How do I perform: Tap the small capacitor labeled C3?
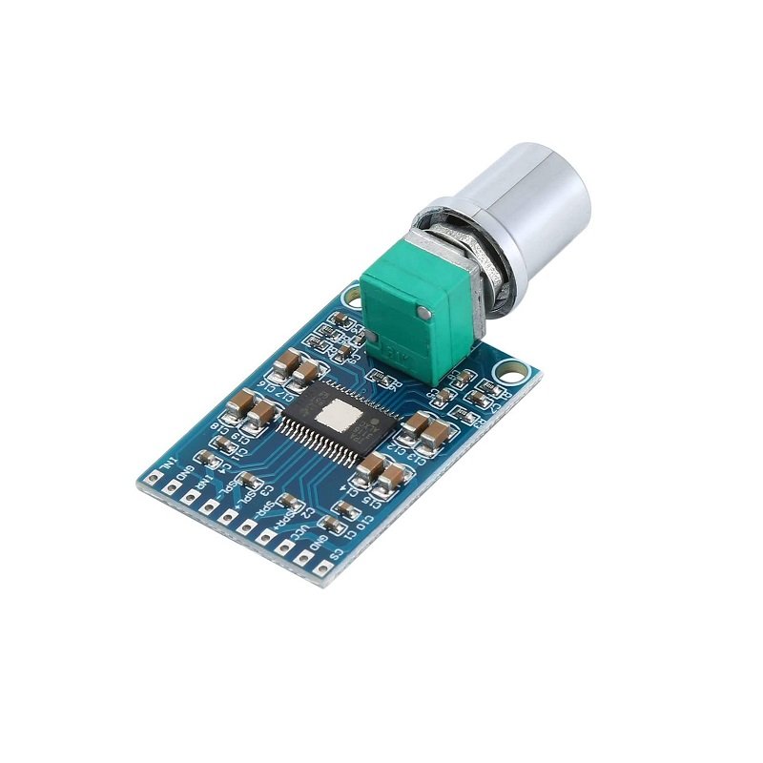250,480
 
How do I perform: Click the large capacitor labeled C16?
284,366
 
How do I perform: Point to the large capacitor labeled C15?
370,465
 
